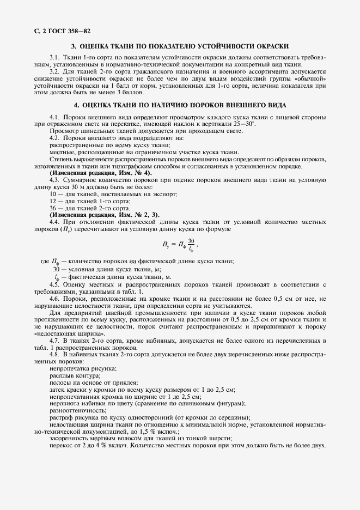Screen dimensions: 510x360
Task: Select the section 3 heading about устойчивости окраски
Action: (x=180, y=47)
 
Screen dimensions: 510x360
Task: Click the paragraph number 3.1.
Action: (x=54, y=58)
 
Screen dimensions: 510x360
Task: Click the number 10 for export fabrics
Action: (x=53, y=194)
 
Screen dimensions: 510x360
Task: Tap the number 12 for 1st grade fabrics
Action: (x=53, y=201)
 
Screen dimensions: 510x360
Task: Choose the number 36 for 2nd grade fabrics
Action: (x=53, y=208)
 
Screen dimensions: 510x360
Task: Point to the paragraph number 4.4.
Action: (x=54, y=222)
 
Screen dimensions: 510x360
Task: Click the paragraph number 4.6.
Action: (x=54, y=299)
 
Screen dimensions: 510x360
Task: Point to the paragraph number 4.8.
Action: (x=54, y=354)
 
